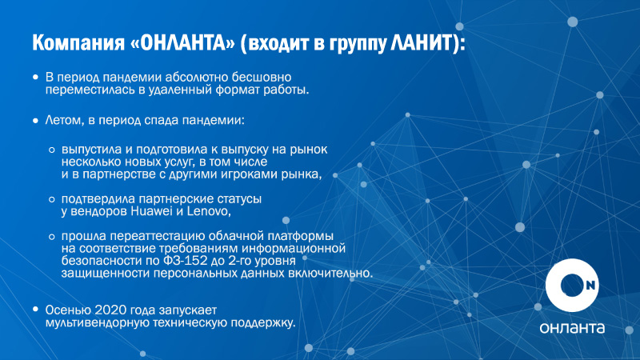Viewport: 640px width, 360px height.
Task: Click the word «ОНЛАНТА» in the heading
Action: click(182, 42)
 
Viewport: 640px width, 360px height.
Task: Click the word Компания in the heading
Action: click(78, 43)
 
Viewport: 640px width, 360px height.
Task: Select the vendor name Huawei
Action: click(151, 211)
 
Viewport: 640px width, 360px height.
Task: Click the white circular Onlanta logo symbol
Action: click(572, 286)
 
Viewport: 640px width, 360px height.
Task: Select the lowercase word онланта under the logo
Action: click(572, 328)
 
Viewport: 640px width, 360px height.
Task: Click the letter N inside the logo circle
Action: click(590, 286)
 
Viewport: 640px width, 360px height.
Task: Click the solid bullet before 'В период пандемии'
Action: click(36, 77)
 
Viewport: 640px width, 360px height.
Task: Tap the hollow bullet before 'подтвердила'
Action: click(52, 199)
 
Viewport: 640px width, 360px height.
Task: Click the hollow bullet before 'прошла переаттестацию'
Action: click(52, 236)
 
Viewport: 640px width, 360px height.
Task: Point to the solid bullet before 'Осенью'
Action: click(36, 310)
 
